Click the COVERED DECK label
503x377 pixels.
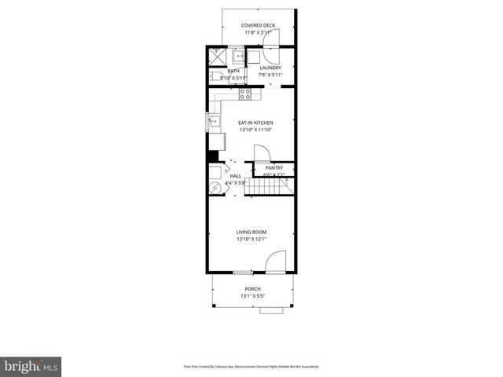[257, 25]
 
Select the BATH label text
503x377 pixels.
[233, 71]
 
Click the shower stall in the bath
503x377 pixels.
[215, 57]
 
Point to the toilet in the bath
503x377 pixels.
[215, 76]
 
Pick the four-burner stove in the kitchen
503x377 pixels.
[245, 94]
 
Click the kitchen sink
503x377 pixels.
[213, 121]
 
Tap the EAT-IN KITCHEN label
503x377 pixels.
[255, 123]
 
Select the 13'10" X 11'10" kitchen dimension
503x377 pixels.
[255, 130]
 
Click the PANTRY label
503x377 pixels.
[274, 168]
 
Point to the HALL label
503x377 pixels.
[236, 176]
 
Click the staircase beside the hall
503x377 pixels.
[271, 187]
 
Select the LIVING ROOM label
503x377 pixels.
[251, 232]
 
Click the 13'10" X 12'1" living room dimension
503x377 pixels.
[251, 239]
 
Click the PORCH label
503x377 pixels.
[252, 289]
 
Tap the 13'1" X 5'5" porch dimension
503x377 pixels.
[252, 296]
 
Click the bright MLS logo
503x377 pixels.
[31, 366]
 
